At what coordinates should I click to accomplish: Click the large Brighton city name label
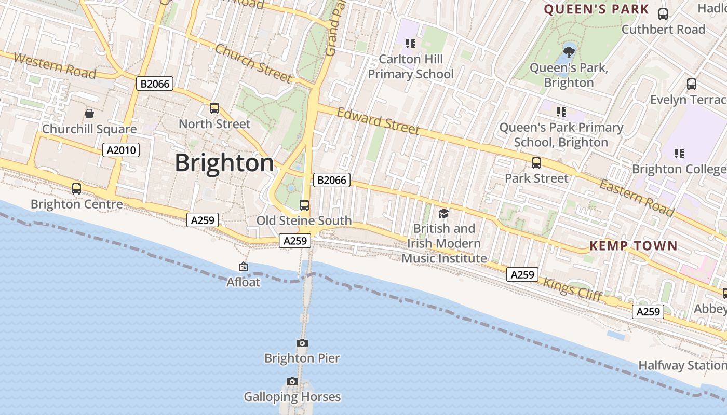224,163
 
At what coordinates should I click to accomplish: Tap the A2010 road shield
120,150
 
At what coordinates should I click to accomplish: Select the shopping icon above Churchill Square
89,114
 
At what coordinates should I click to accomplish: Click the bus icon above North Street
214,108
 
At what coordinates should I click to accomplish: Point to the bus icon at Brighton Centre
76,189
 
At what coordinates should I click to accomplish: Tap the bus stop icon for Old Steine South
304,205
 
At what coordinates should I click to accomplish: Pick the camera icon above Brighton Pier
302,343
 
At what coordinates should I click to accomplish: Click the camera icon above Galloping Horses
292,382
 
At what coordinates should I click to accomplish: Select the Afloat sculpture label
243,282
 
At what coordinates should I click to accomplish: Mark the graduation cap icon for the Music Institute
443,213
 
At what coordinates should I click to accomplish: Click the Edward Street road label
378,121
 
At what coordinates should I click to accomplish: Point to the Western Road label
55,66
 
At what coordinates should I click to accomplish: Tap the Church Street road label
253,63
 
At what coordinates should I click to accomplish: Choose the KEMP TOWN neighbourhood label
634,246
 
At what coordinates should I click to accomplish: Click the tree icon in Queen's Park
569,51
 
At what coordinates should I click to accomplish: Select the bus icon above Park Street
536,163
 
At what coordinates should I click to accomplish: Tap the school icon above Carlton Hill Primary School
411,44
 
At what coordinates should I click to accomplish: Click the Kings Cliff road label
572,289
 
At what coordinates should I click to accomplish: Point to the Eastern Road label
637,197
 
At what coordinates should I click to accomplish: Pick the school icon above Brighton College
679,154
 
